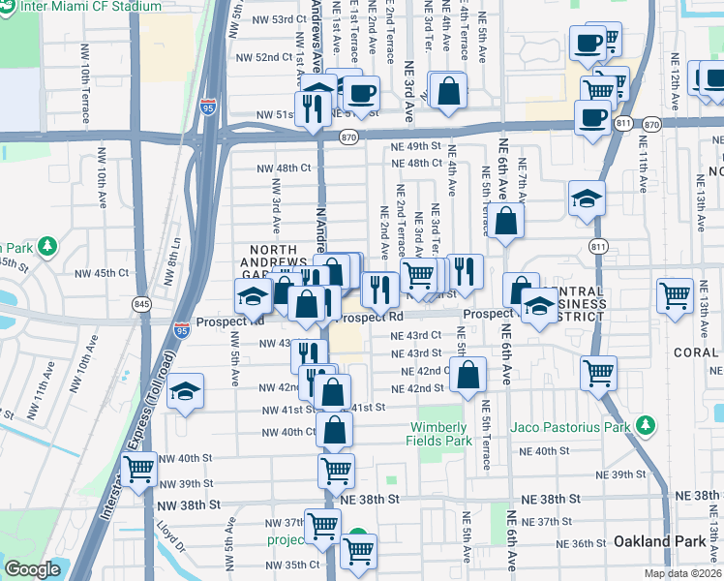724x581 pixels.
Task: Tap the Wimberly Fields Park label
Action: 442,434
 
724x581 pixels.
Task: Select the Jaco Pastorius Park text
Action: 572,425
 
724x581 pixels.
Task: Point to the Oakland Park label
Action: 660,541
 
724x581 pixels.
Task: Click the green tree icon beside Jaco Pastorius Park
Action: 644,425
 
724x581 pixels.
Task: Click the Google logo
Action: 33,569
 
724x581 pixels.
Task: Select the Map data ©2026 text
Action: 682,573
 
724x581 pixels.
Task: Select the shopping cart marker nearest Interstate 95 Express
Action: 140,470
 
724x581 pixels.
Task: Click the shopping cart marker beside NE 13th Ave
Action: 675,294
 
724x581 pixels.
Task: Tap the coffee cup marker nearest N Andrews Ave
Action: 363,92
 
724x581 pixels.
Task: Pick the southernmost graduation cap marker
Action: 185,391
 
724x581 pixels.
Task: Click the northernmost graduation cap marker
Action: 587,199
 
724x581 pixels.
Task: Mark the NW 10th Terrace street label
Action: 86,95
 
